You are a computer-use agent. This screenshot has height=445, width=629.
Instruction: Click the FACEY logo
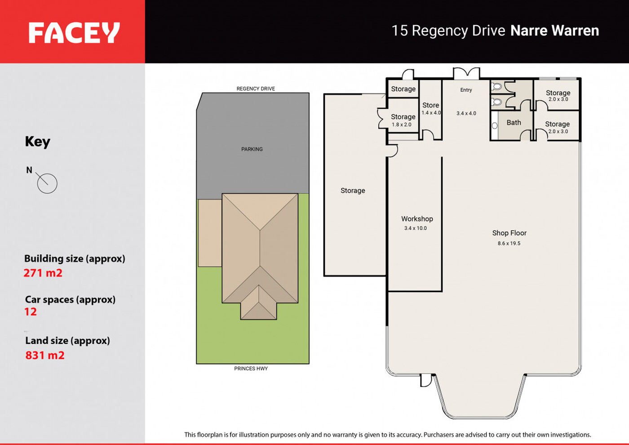(x=74, y=32)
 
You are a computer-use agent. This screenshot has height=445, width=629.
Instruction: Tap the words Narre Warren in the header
(x=554, y=31)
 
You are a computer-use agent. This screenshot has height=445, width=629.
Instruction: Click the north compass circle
(x=47, y=183)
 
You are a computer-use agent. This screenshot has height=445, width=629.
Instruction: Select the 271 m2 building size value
(x=43, y=273)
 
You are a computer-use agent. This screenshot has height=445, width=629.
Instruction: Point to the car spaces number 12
(x=31, y=312)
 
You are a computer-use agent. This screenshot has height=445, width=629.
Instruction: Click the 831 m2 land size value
(x=45, y=356)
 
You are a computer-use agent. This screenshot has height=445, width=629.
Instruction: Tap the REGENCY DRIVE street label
(x=256, y=89)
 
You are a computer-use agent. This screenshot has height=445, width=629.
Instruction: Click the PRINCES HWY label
(x=251, y=369)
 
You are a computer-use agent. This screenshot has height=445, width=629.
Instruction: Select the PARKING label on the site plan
(x=252, y=149)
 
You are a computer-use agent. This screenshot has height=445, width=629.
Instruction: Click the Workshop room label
(x=417, y=219)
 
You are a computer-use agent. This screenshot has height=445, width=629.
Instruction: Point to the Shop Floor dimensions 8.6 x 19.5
(x=509, y=244)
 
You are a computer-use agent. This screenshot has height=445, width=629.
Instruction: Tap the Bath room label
(x=514, y=123)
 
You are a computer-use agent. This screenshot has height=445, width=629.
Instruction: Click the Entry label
(x=466, y=90)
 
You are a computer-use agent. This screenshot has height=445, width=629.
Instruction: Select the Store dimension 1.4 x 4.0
(x=431, y=113)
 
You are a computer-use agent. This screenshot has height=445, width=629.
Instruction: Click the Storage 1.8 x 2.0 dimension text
(x=402, y=125)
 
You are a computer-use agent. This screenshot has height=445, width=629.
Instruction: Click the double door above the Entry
(x=467, y=73)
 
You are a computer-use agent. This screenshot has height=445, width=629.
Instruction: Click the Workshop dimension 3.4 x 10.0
(x=415, y=228)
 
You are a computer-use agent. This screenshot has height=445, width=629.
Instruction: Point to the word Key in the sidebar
(x=38, y=142)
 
